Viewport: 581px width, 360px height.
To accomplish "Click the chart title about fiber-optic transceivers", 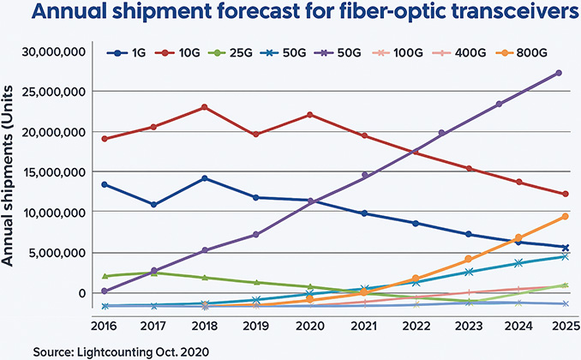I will click(x=290, y=16).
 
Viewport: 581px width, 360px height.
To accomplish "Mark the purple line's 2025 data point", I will click(x=559, y=73).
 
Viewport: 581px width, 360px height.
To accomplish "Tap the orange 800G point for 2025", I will click(x=565, y=217).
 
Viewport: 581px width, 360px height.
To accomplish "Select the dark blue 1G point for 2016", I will click(x=104, y=184).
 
